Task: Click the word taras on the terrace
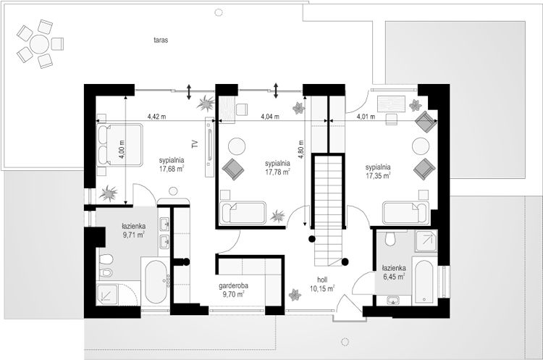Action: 161,40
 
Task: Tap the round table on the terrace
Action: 39,44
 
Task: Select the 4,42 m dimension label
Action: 156,117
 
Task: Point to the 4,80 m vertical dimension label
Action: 300,149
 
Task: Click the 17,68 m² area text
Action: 172,169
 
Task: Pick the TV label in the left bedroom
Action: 195,144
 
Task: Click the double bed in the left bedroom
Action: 119,144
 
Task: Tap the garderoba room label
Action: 233,286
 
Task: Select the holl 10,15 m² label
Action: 322,284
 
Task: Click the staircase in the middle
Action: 328,210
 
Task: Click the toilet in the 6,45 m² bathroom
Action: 390,238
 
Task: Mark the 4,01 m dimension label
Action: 366,117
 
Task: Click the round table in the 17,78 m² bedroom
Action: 237,146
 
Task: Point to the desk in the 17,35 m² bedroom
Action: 391,104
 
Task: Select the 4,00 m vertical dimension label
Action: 122,149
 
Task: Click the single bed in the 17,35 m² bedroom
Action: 406,213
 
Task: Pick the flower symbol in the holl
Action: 295,295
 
